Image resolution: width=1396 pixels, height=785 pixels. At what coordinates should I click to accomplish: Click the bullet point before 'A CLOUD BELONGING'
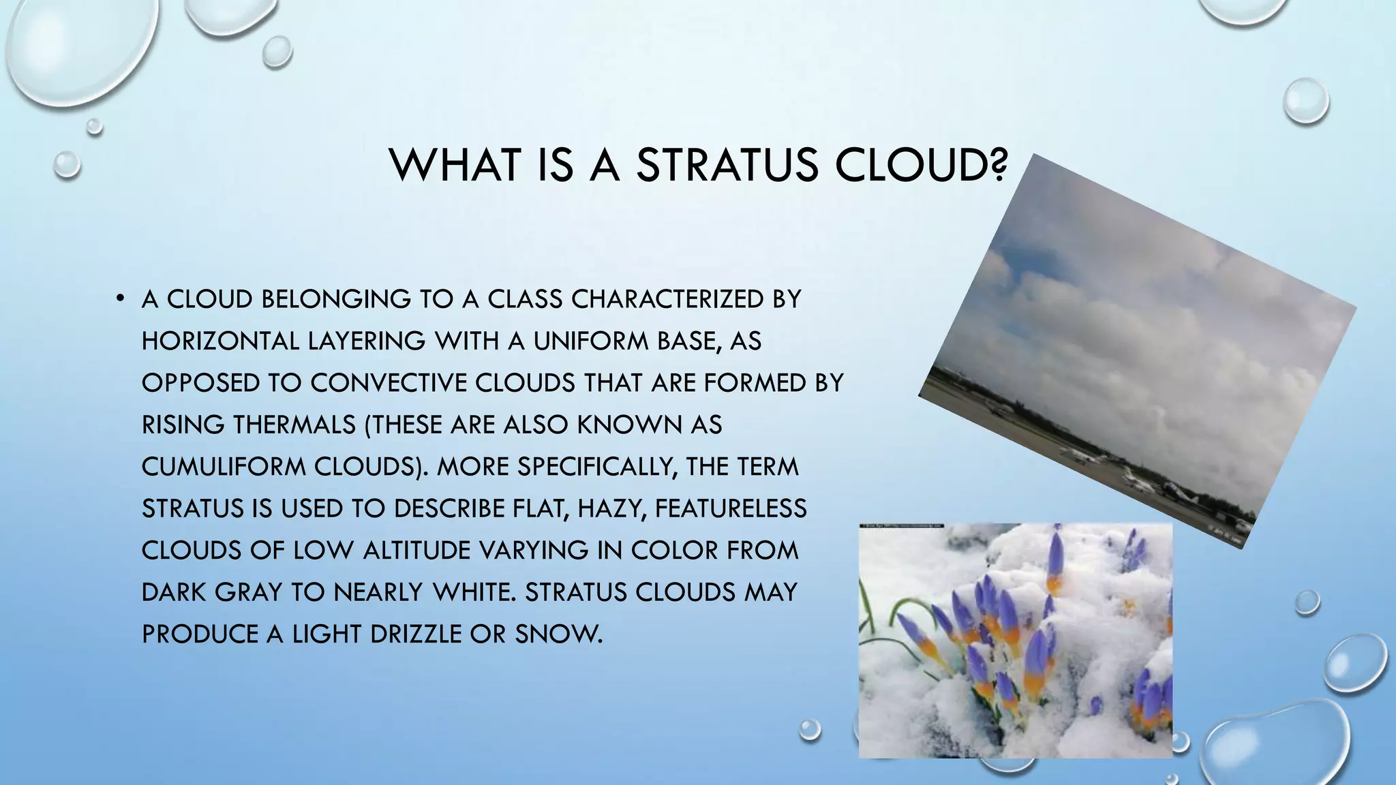120,298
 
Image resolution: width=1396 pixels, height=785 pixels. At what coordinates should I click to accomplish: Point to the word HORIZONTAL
219,341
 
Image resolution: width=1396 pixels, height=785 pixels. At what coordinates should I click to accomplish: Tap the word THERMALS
294,425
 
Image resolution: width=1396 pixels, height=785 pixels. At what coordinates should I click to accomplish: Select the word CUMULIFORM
224,467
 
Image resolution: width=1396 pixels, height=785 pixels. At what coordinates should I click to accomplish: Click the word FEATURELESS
731,508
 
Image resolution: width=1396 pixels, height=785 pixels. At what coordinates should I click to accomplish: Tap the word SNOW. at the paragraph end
559,634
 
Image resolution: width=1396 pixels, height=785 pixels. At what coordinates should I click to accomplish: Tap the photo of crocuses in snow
1016,641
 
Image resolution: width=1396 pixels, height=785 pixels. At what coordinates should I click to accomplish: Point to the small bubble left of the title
67,164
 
